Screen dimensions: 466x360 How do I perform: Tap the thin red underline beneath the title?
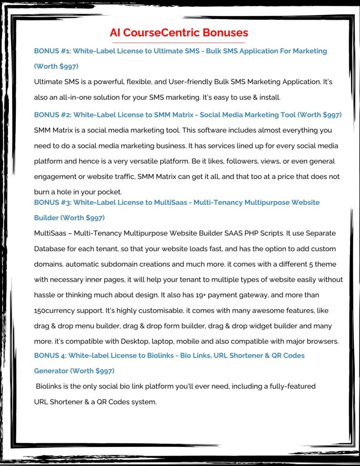point(179,43)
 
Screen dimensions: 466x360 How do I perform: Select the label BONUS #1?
point(52,51)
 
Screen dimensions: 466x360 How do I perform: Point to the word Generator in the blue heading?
point(51,371)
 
